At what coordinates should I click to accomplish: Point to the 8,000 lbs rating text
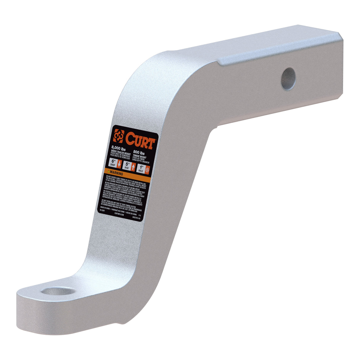tap(118, 148)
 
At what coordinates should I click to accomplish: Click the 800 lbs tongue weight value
tap(139, 153)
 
